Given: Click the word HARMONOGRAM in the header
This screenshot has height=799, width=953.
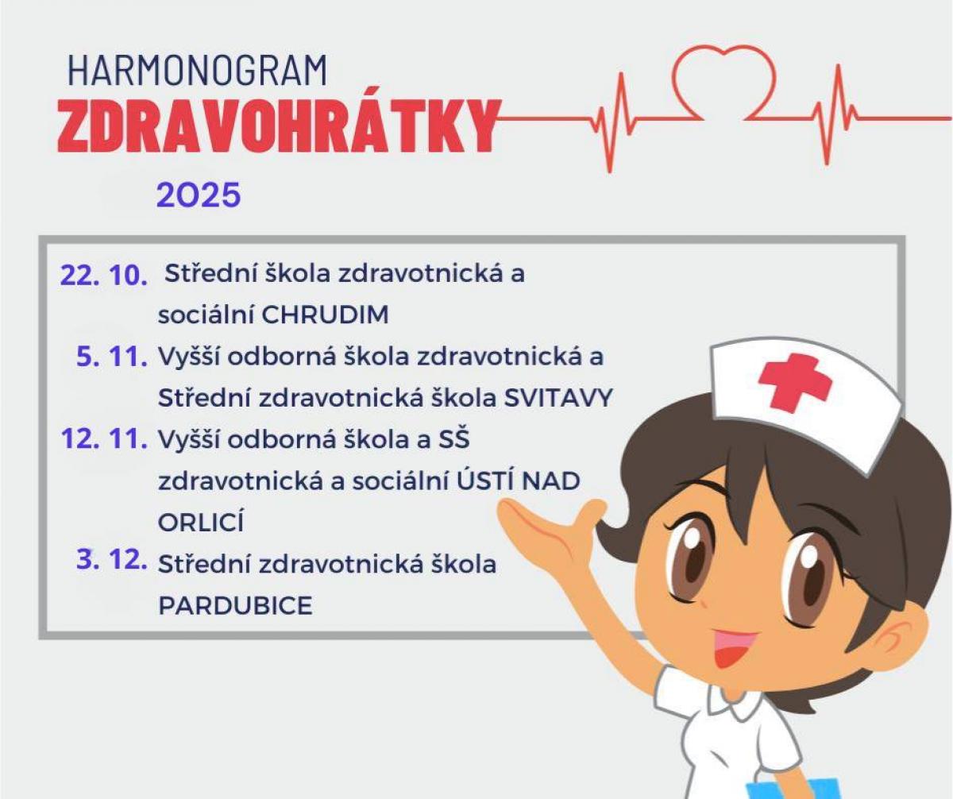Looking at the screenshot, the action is click(x=197, y=71).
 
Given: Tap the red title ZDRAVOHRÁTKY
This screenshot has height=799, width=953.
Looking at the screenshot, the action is click(x=279, y=125).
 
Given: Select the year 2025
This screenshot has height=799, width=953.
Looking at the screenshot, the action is click(x=199, y=195).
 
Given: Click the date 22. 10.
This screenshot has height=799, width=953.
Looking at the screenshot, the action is click(x=103, y=276).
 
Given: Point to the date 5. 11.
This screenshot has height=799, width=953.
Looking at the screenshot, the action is click(x=112, y=357).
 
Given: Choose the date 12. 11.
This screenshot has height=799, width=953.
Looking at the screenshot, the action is click(x=104, y=439).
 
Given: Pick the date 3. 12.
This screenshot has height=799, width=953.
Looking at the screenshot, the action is click(x=112, y=560).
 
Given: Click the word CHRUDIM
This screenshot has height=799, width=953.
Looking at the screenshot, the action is click(x=326, y=315).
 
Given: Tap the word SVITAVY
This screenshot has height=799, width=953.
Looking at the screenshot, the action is click(x=558, y=398).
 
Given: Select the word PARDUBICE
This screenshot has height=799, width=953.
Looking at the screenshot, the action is click(x=236, y=605).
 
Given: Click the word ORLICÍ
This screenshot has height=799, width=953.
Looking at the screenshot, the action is click(x=201, y=521).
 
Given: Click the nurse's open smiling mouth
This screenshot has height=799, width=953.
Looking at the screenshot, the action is click(x=735, y=648).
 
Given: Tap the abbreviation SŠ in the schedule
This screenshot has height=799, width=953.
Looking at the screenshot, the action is click(x=454, y=438).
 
